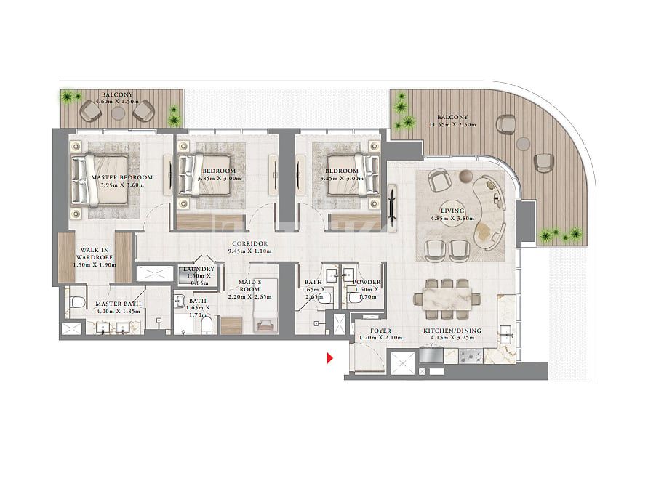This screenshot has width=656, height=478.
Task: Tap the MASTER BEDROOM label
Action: point(122,177)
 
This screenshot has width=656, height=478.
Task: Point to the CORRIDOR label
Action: point(249,243)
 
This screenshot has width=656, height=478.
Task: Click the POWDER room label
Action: point(367,282)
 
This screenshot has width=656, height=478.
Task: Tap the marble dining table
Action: point(442,297)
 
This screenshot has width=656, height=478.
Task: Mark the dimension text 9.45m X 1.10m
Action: point(249,251)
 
